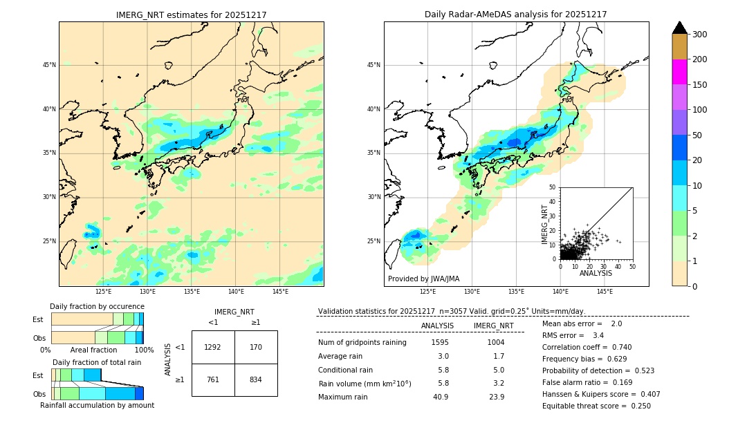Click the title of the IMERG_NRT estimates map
(191, 15)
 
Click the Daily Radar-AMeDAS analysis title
(515, 15)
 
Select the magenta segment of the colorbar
(680, 72)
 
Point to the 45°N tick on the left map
(48, 65)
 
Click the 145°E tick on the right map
(605, 292)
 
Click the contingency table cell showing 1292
(213, 347)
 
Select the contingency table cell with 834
(256, 379)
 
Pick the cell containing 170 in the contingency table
(256, 347)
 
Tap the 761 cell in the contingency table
(213, 379)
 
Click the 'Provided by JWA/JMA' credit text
(423, 279)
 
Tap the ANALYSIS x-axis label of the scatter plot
(596, 273)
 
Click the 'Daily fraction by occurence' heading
(97, 306)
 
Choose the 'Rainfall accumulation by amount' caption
(97, 406)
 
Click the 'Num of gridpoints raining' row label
(362, 342)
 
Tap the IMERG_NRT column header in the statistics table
(493, 326)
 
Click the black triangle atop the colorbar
(680, 28)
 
